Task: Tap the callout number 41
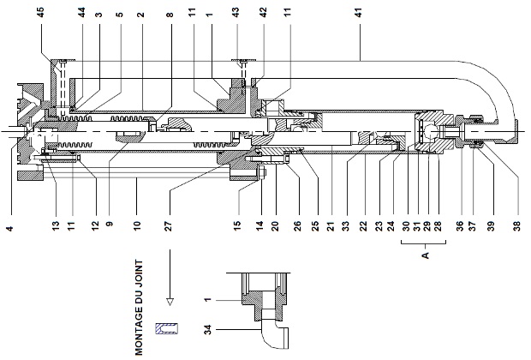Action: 357,14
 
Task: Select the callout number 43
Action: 236,14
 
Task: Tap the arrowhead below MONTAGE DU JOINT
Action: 170,301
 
